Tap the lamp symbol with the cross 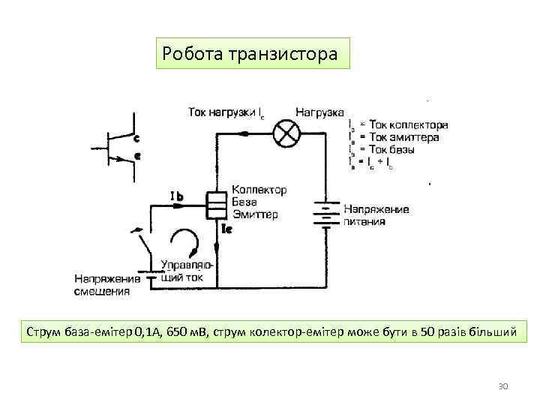[x=285, y=133]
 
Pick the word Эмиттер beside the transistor [x=255, y=214]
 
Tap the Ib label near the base [x=178, y=197]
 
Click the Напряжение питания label [x=376, y=214]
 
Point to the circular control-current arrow [x=184, y=242]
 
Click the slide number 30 [x=503, y=385]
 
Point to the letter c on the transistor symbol [x=136, y=138]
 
